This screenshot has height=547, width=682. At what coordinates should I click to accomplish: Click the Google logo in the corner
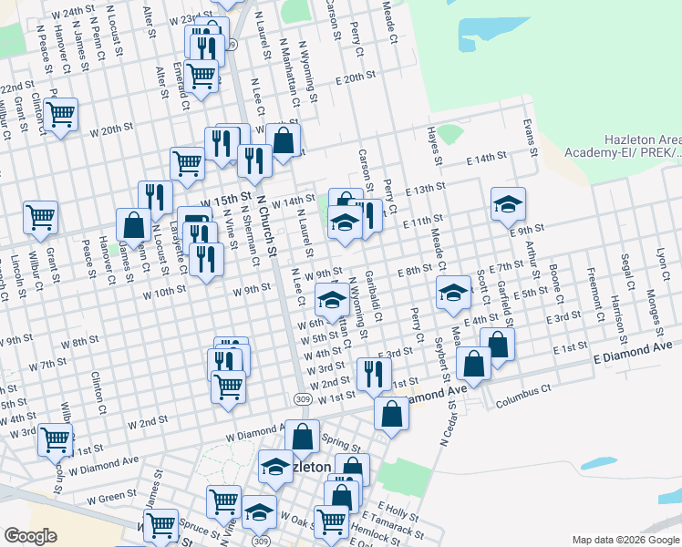[x=30, y=535]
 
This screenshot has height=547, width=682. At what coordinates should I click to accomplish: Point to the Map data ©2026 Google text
[x=625, y=540]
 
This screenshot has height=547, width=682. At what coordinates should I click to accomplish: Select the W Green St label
[x=111, y=499]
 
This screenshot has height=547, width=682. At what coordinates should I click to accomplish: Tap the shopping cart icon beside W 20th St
[x=61, y=115]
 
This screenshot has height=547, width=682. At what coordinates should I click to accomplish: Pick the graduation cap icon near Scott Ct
[x=452, y=294]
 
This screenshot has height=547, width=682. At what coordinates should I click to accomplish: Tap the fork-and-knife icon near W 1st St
[x=374, y=371]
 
